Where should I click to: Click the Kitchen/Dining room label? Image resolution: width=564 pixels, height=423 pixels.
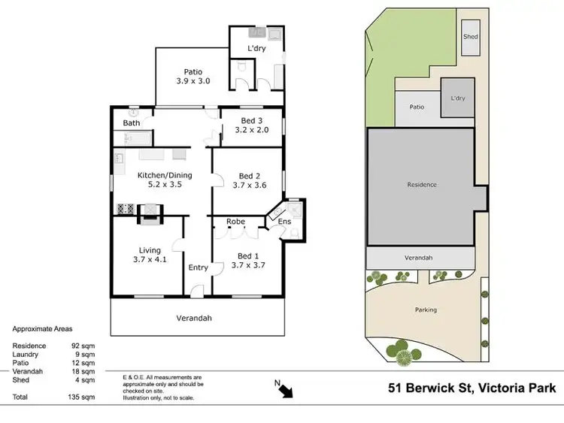165,175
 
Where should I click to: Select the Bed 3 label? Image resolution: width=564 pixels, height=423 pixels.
251,121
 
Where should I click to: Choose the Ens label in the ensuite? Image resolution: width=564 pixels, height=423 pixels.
284,222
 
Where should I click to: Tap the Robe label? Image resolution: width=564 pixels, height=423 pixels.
236,222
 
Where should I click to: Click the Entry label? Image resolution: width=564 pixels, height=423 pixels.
198,267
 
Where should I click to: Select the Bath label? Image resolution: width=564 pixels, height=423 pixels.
132,123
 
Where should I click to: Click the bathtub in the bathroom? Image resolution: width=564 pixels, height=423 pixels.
134,137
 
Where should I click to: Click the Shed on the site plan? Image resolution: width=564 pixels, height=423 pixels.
471,36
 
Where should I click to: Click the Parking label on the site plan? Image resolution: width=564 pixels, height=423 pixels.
426,310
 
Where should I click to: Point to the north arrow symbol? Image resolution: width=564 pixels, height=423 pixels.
287,388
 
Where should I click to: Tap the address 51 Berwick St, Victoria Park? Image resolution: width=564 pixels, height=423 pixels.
472,388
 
